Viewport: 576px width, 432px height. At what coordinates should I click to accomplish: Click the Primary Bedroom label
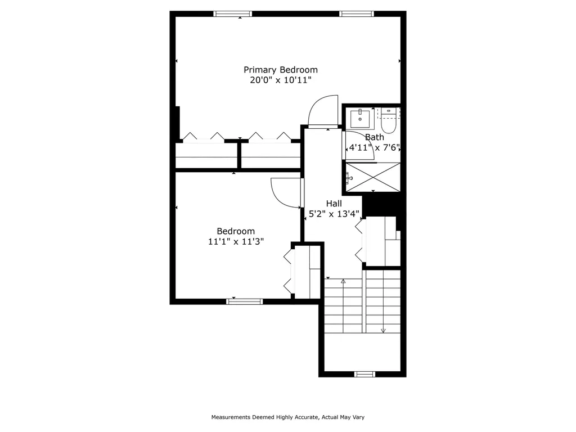tap(281, 70)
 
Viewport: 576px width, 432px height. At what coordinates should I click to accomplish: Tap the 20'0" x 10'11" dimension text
tap(281, 80)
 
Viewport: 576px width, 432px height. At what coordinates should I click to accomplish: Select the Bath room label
tap(374, 137)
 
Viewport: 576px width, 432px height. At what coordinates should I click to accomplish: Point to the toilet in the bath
tap(388, 120)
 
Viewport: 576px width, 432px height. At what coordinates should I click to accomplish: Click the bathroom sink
tap(360, 118)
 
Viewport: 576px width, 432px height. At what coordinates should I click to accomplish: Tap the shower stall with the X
tap(373, 177)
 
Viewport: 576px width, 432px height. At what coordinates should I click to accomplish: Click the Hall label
tap(334, 204)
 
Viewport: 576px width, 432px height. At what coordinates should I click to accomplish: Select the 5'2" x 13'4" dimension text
tap(334, 214)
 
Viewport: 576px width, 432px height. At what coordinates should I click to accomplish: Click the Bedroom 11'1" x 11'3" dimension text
tap(236, 241)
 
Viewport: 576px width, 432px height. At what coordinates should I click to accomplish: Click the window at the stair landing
tap(364, 374)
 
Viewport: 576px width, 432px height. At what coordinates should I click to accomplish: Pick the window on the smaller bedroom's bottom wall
tap(244, 301)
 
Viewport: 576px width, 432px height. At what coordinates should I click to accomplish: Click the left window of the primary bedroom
tap(233, 14)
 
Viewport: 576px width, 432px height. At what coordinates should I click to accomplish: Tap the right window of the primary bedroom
tap(357, 14)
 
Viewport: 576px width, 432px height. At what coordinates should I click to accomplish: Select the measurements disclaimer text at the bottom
tap(288, 417)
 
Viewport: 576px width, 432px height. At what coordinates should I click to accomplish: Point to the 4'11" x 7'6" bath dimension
tap(374, 148)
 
